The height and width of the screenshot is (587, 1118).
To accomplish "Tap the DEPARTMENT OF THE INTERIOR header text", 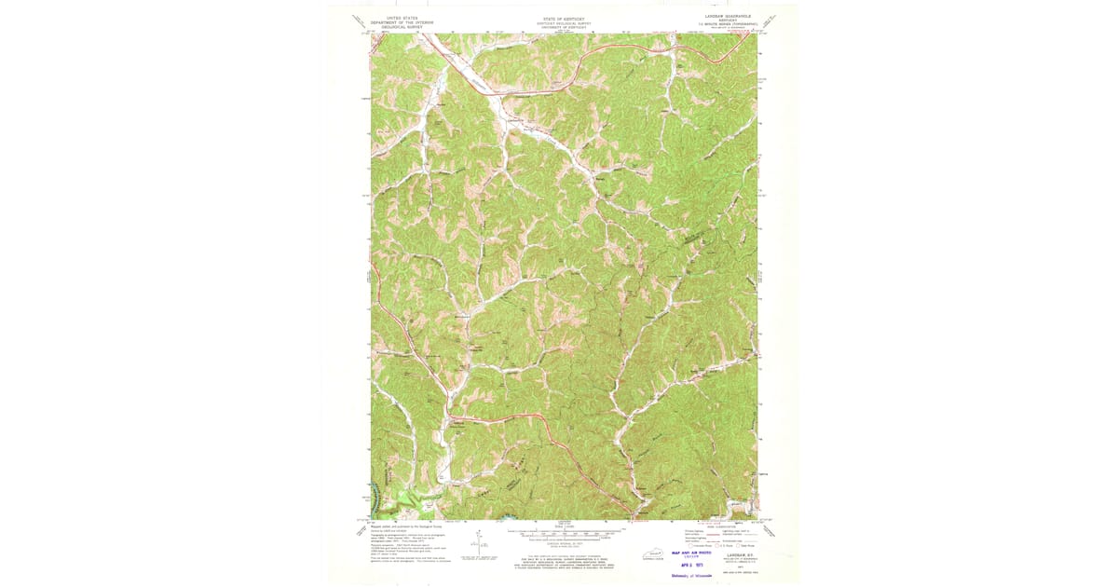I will tap(402, 22).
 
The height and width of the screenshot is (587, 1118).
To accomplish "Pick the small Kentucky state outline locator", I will tap(641, 553).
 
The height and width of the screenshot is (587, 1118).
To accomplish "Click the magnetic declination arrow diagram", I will tap(477, 540).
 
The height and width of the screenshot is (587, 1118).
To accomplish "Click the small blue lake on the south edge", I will tap(508, 516).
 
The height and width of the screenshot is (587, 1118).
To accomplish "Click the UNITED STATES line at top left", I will tap(402, 18).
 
